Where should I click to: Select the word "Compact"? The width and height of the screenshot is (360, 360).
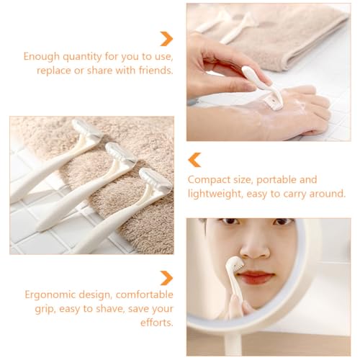(x=209, y=179)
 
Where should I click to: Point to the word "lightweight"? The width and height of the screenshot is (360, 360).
(x=216, y=193)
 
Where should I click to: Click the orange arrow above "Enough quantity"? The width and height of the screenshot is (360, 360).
(x=166, y=38)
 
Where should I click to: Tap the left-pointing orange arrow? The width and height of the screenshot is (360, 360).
(x=194, y=160)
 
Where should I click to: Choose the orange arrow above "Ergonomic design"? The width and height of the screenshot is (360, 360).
(x=166, y=278)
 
